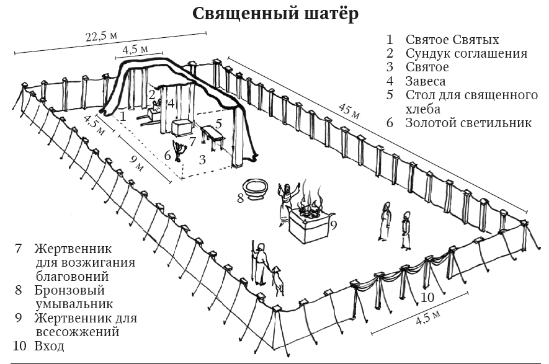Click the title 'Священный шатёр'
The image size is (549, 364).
[x=274, y=13]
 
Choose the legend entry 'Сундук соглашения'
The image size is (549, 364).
[x=466, y=54]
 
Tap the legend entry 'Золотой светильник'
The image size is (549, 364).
[x=468, y=123]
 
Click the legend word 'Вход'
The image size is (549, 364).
[x=50, y=346]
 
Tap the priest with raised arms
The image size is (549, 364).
[x=287, y=202]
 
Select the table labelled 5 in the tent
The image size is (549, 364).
[x=210, y=137]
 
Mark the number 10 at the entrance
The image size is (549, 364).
[x=428, y=297]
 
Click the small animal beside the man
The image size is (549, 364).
[x=277, y=285]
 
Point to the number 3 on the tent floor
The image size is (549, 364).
[x=202, y=159]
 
